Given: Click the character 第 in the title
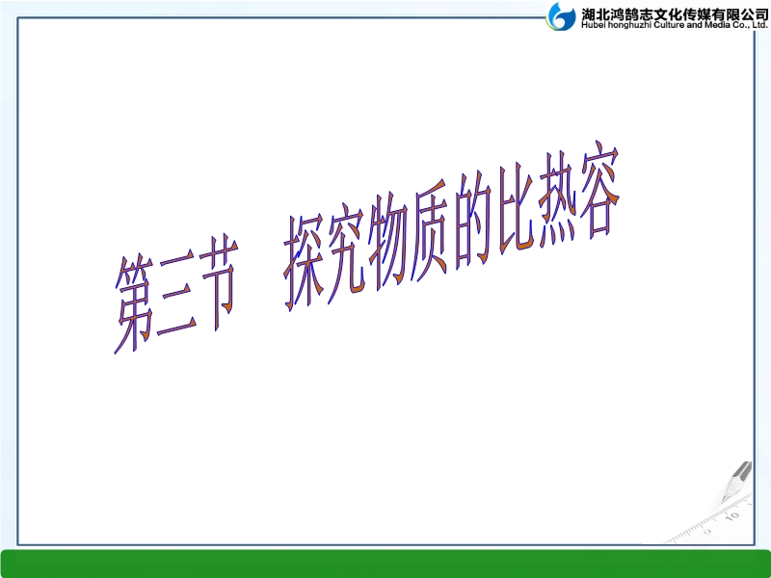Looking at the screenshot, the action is (134, 302).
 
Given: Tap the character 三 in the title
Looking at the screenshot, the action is (177, 294).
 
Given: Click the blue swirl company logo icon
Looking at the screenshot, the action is (561, 16).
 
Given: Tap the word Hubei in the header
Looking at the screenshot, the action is (594, 25).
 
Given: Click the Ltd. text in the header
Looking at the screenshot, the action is (759, 25).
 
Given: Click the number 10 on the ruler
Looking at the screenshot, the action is (733, 516).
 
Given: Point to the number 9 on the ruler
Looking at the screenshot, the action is (707, 532).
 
